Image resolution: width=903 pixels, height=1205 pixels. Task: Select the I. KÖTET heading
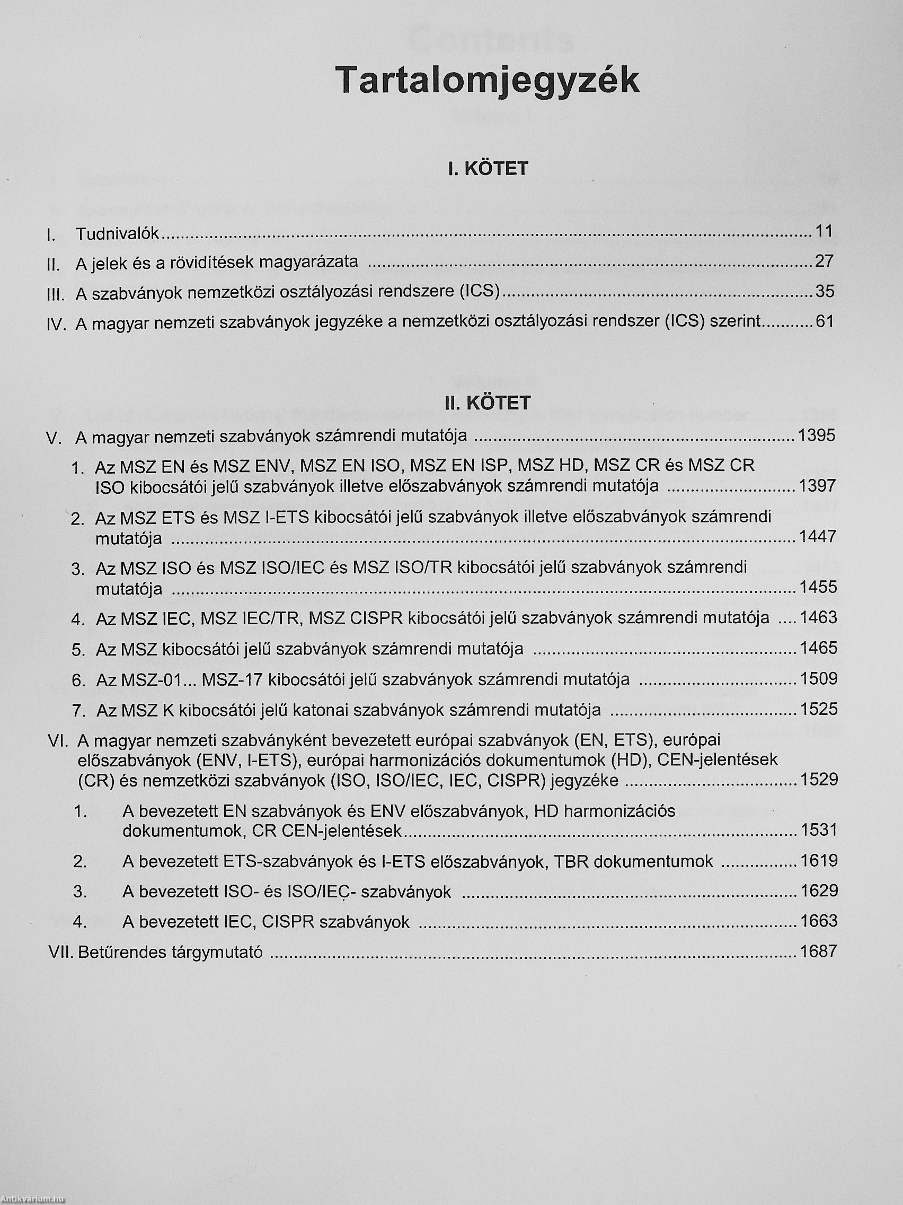click(x=488, y=169)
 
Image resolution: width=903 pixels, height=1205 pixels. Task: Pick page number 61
click(x=825, y=321)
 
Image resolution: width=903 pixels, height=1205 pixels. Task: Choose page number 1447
click(x=817, y=537)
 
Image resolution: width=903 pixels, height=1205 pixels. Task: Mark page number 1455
click(x=817, y=587)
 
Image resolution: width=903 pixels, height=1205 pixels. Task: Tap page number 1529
click(x=819, y=780)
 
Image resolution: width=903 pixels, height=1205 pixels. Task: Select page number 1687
click(x=819, y=950)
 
